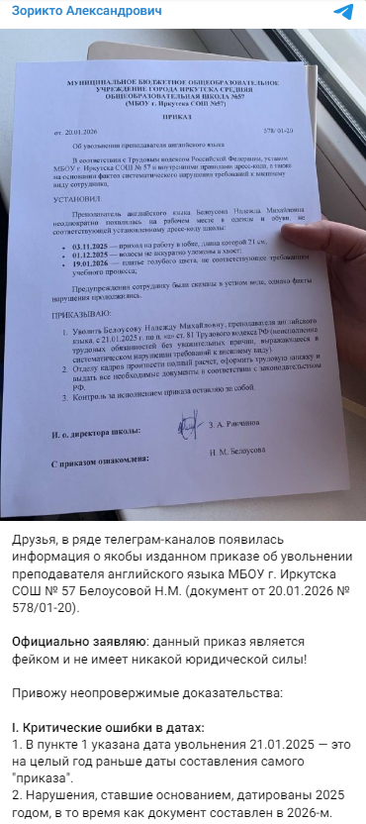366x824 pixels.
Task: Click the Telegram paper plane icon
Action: coord(343,12)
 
